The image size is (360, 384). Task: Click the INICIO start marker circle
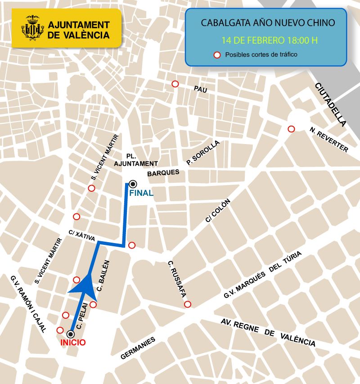coord(71,334)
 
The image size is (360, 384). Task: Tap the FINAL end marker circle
coord(133,184)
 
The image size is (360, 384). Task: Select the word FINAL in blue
coord(141,193)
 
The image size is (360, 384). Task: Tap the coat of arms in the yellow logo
coord(32,27)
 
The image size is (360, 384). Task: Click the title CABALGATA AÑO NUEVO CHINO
coord(267,23)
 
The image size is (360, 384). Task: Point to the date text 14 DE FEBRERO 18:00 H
coord(269,40)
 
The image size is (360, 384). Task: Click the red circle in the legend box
coord(216,55)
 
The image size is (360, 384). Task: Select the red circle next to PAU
coord(175,84)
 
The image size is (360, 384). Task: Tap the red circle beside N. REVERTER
coord(291,129)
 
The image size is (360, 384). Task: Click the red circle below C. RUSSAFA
coord(188,304)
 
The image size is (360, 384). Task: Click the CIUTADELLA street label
coord(331,104)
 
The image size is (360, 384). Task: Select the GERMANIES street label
coord(138,348)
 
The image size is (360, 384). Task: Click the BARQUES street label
coord(163,172)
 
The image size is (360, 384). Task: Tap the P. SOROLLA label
coord(203,152)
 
